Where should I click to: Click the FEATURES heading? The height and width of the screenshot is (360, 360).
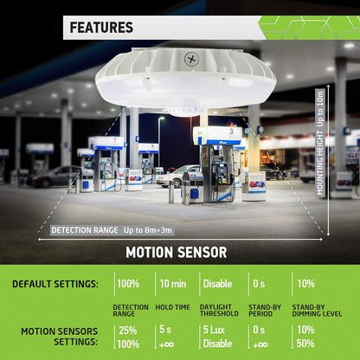tap(101, 28)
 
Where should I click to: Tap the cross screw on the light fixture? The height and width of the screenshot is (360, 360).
tap(192, 59)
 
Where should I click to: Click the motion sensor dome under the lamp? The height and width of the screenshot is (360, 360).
tap(185, 108)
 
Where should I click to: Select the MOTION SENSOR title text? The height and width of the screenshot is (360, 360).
tap(177, 253)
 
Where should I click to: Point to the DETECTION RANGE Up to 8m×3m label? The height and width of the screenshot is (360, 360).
tap(112, 230)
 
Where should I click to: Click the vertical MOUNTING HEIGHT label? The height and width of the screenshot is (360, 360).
tap(320, 143)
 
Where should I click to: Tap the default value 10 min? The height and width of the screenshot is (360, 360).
tap(173, 284)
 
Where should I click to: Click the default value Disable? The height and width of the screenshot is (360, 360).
tap(217, 284)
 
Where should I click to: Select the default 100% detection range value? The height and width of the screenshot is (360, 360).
tap(128, 284)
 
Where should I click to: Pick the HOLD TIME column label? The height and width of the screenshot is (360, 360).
tap(172, 307)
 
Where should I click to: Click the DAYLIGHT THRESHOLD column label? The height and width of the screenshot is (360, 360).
tap(219, 311)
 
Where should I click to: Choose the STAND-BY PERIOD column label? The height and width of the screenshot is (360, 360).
tap(265, 311)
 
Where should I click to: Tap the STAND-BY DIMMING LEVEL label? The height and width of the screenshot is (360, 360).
tap(317, 311)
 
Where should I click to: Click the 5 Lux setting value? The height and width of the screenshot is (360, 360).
tap(214, 330)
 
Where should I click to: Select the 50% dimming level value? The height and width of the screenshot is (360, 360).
tap(305, 344)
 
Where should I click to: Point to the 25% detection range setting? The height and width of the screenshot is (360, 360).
tap(128, 331)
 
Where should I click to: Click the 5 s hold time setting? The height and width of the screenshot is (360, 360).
tap(165, 330)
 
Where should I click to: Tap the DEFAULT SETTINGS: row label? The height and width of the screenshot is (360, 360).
tap(55, 284)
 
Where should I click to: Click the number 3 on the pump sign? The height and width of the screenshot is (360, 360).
tap(231, 132)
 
